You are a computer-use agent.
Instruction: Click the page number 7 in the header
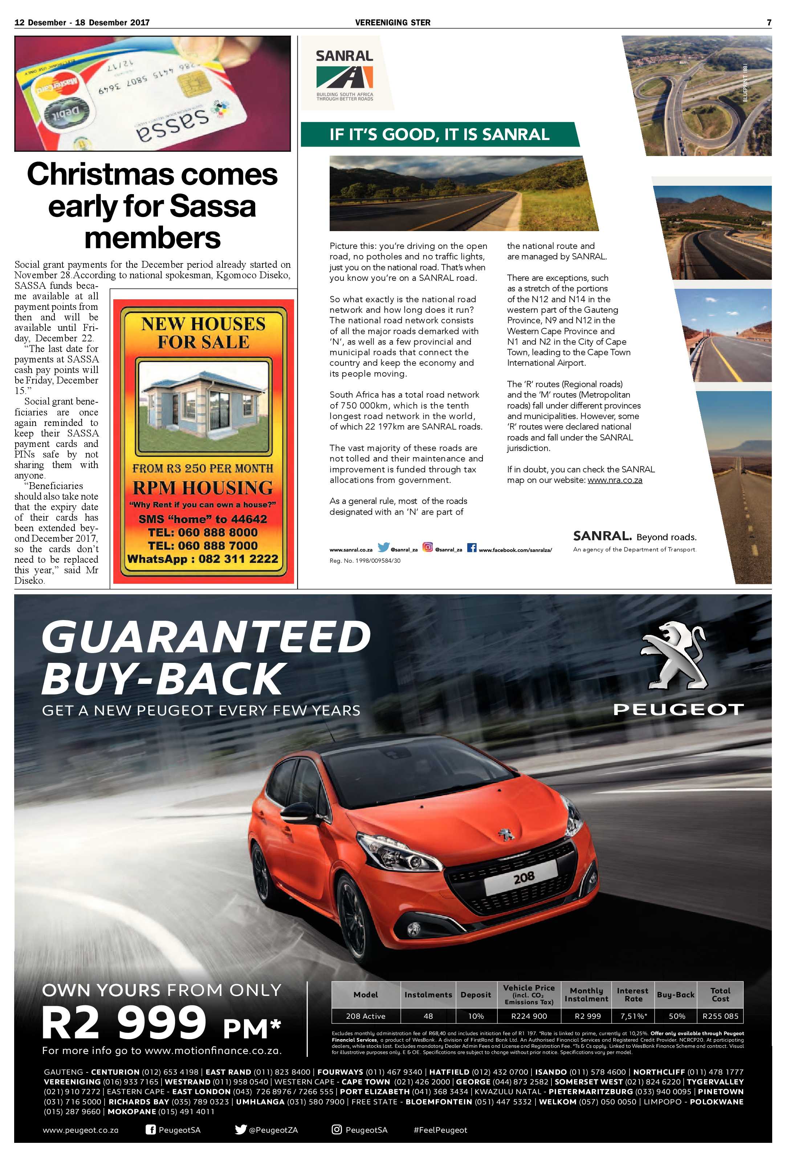tap(769, 22)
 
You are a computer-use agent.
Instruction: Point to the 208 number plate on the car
tap(524, 877)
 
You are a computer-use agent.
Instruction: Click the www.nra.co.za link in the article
tap(615, 480)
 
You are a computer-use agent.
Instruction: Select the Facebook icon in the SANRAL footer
tap(471, 547)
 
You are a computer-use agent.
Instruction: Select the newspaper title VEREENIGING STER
tap(392, 22)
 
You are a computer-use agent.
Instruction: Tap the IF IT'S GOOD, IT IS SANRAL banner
tap(439, 134)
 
